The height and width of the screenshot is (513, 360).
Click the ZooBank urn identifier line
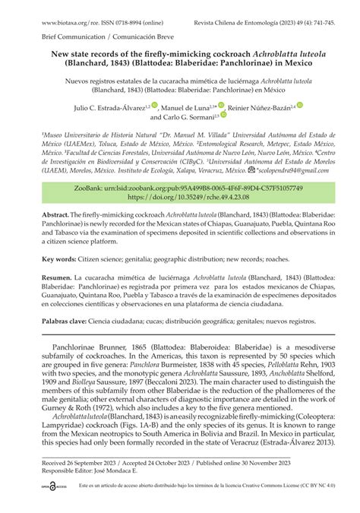(x=179, y=186)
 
